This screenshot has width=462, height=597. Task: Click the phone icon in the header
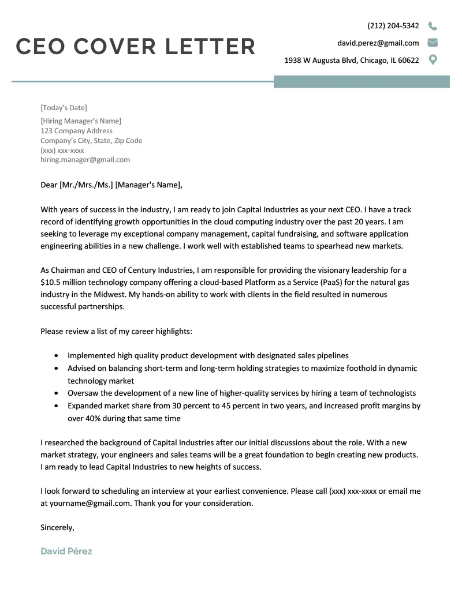(433, 26)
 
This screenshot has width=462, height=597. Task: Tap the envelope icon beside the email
(433, 43)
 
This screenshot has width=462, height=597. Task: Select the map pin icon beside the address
(433, 59)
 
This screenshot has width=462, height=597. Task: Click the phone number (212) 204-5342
(393, 26)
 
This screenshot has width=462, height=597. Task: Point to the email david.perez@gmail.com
(378, 43)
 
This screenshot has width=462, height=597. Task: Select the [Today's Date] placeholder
(64, 108)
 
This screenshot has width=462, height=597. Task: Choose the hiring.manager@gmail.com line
(85, 160)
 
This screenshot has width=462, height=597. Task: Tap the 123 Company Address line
(76, 131)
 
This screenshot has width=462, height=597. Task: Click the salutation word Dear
(49, 185)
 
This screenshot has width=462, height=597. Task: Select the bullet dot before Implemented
(55, 356)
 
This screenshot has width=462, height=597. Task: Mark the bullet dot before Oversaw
(55, 393)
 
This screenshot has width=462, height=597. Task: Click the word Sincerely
(57, 527)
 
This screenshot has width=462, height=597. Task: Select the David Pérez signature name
(66, 551)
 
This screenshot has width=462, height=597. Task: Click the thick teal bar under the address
(362, 82)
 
